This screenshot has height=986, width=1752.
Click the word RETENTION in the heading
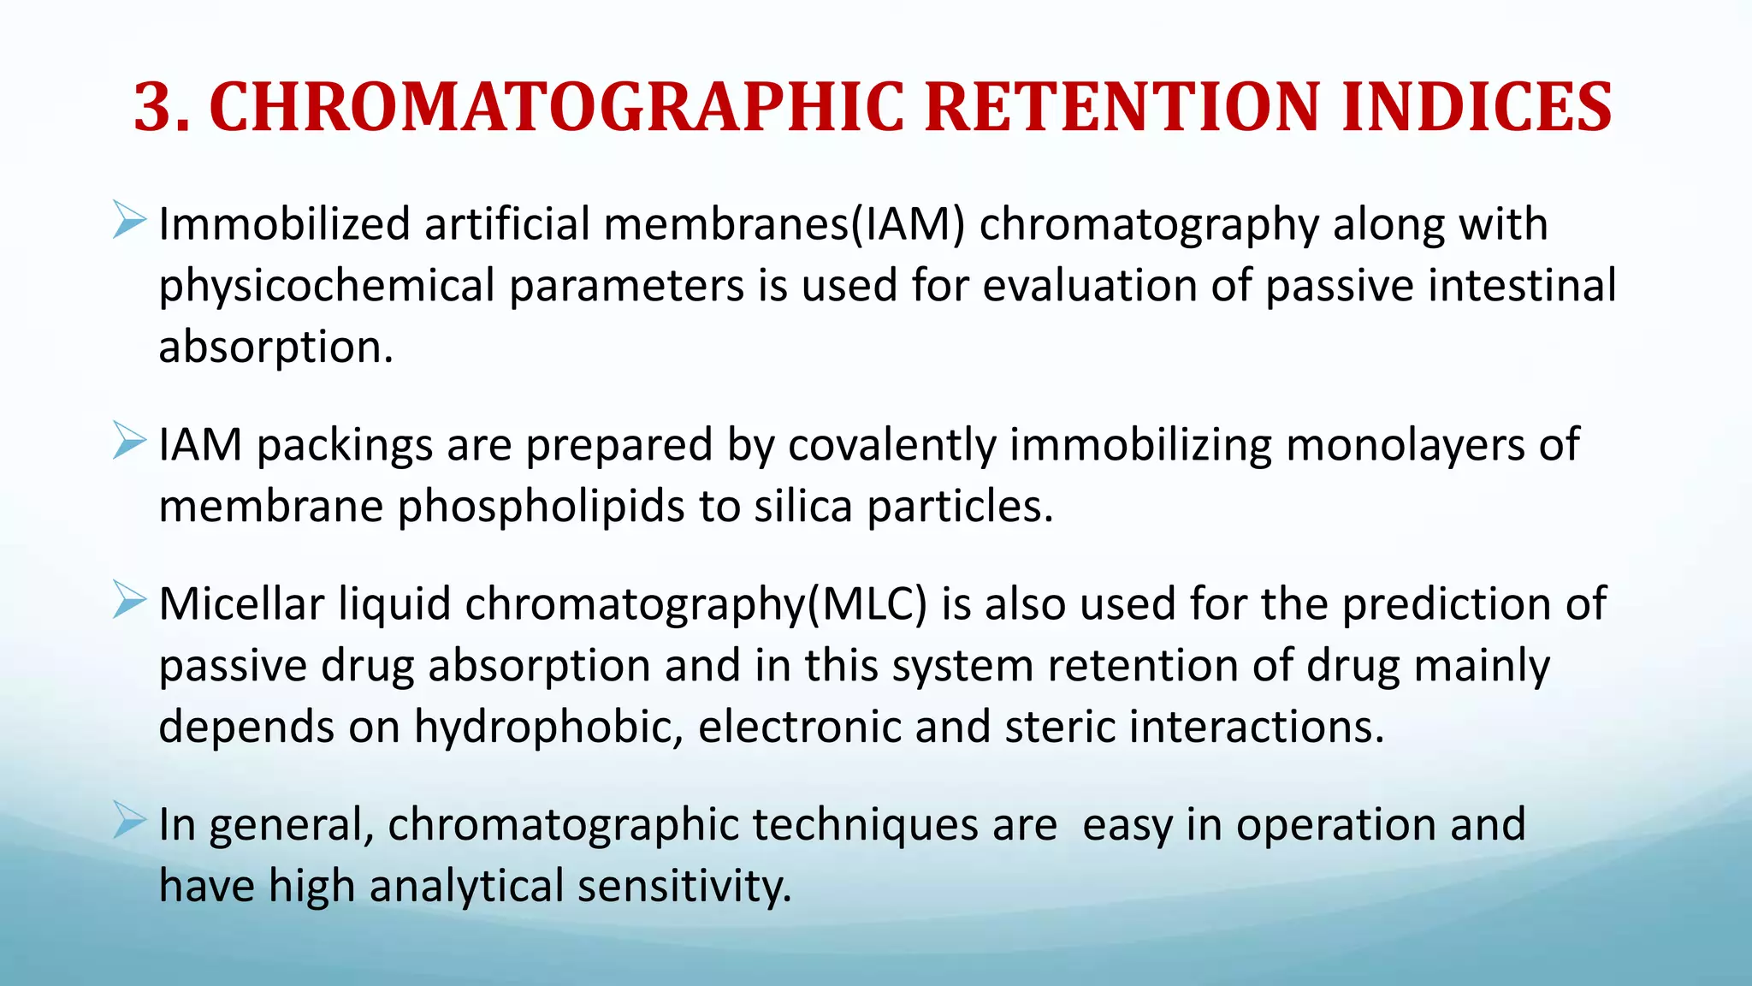tap(1122, 108)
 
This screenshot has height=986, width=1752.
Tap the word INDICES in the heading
tap(1477, 108)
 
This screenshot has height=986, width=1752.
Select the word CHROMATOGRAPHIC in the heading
tap(556, 108)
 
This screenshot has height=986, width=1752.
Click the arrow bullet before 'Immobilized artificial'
tap(129, 221)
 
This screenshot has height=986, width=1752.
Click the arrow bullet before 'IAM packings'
tap(129, 442)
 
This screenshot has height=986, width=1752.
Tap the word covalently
tap(891, 446)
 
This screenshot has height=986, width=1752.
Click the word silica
tap(802, 506)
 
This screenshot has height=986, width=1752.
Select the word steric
tap(1059, 727)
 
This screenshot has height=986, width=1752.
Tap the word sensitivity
tap(684, 887)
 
